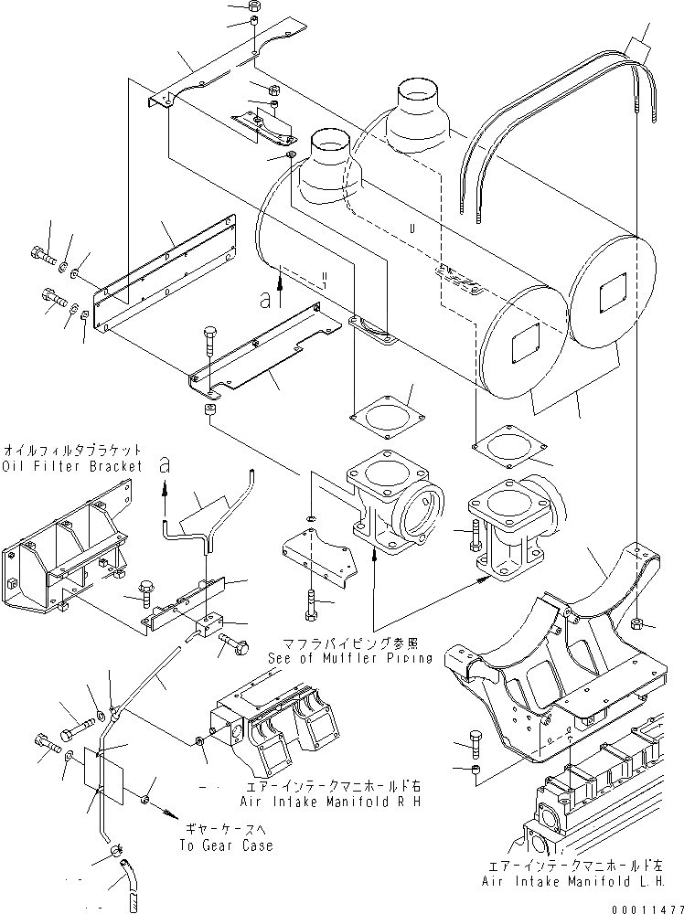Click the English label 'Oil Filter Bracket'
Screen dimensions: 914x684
[72, 466]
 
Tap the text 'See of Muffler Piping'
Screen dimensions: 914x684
[350, 657]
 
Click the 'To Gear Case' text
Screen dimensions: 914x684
[228, 845]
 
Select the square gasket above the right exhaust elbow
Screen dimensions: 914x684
[505, 448]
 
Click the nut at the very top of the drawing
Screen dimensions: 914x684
[255, 8]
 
